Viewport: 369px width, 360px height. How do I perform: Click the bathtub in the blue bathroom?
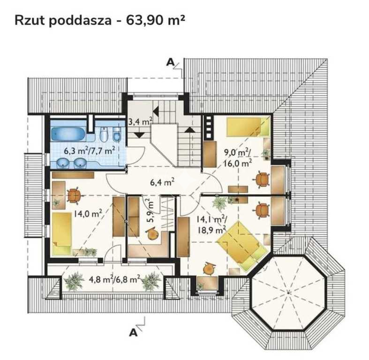[x=68, y=134]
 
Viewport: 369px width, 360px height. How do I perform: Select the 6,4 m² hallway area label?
[x=162, y=182]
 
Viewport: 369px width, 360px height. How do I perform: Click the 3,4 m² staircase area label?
[x=140, y=121]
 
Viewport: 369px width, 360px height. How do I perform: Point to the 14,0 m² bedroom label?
[x=88, y=214]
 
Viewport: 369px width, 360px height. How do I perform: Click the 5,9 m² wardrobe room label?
[x=151, y=210]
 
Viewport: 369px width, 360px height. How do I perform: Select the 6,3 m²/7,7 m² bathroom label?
[x=90, y=150]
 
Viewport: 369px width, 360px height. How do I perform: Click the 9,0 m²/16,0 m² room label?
[x=238, y=157]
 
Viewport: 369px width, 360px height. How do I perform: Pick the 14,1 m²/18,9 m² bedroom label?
[x=212, y=225]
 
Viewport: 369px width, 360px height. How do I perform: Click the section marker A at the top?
[x=170, y=62]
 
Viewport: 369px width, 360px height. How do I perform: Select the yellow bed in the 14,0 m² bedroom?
[x=62, y=233]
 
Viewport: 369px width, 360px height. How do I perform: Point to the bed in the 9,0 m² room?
[x=248, y=127]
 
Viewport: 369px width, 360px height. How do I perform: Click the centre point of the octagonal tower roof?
[x=288, y=293]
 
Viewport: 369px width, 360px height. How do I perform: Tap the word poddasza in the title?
[x=80, y=20]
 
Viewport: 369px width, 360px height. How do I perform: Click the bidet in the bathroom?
[x=116, y=134]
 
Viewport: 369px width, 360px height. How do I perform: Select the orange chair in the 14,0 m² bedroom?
[x=75, y=195]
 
